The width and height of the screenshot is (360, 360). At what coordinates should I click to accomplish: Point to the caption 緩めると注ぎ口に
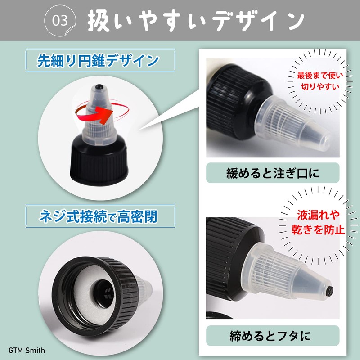coord(273,172)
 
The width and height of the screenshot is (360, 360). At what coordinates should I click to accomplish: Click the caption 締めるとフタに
coord(273,335)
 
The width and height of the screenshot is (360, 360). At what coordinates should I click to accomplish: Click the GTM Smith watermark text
coord(27,350)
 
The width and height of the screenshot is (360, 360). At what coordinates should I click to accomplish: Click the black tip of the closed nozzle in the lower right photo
coord(330,290)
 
